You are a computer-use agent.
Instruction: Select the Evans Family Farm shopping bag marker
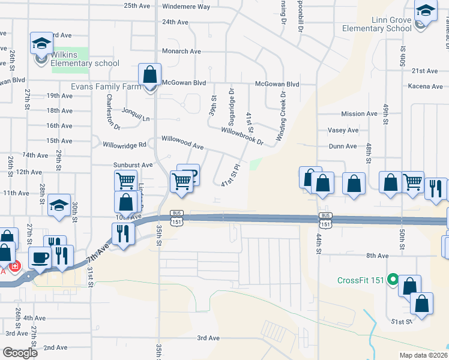pyautogui.click(x=149, y=75)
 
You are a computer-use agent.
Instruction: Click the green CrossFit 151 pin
pyautogui.click(x=393, y=280)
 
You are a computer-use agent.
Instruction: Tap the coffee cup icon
pyautogui.click(x=40, y=257)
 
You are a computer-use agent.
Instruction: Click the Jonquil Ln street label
pyautogui.click(x=136, y=118)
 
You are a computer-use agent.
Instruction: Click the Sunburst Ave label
pyautogui.click(x=133, y=164)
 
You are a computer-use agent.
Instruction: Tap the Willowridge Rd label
pyautogui.click(x=124, y=145)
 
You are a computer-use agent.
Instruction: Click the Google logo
pyautogui.click(x=20, y=353)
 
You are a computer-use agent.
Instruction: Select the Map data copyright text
pyautogui.click(x=423, y=355)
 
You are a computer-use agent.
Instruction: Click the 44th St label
pyautogui.click(x=319, y=243)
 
